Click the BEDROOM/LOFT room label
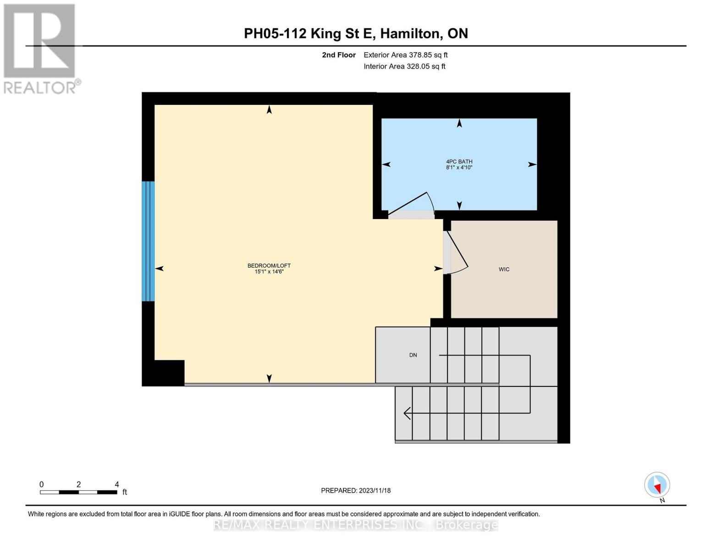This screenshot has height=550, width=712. click(x=269, y=266)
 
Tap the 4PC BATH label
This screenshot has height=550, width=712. click(x=459, y=161)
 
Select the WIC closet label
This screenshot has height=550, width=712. click(x=504, y=269)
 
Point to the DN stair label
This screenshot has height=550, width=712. click(x=413, y=355)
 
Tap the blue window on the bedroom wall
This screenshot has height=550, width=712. click(x=148, y=241)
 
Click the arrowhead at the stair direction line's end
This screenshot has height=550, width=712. click(x=407, y=413)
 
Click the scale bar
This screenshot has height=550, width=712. click(x=79, y=492)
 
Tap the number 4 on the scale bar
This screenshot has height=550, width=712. click(x=116, y=484)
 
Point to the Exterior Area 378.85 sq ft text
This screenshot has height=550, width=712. click(x=405, y=55)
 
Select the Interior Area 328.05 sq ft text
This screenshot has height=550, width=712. click(x=404, y=66)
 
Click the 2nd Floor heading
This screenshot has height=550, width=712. click(x=338, y=55)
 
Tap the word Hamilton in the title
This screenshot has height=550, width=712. click(x=410, y=34)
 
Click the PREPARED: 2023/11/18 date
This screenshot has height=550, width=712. click(x=356, y=490)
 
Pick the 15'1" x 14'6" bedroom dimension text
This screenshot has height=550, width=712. click(x=269, y=271)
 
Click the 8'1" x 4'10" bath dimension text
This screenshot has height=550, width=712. click(x=459, y=167)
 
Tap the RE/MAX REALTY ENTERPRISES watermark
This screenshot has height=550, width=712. click(x=356, y=525)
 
